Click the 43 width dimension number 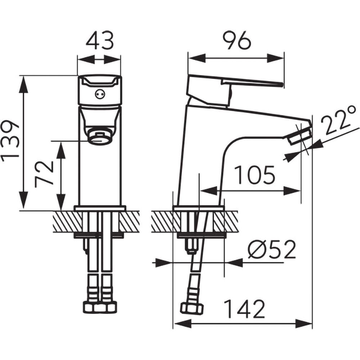point(100,41)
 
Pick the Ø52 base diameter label point(272,249)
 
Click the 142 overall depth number point(244,309)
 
